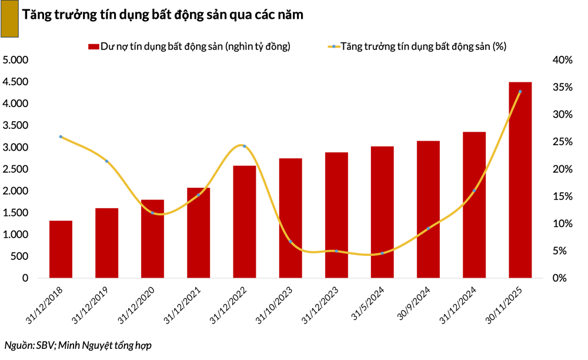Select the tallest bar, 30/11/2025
coord(520,180)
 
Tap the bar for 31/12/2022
coord(244,222)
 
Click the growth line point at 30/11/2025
coord(520,91)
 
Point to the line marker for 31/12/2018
coord(61,136)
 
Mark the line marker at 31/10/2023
coord(290,242)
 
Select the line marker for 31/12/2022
coord(244,146)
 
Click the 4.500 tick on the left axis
coord(16,82)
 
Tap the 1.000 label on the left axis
coord(16,235)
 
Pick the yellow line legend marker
coord(333,46)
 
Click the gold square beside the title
coord(10,19)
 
